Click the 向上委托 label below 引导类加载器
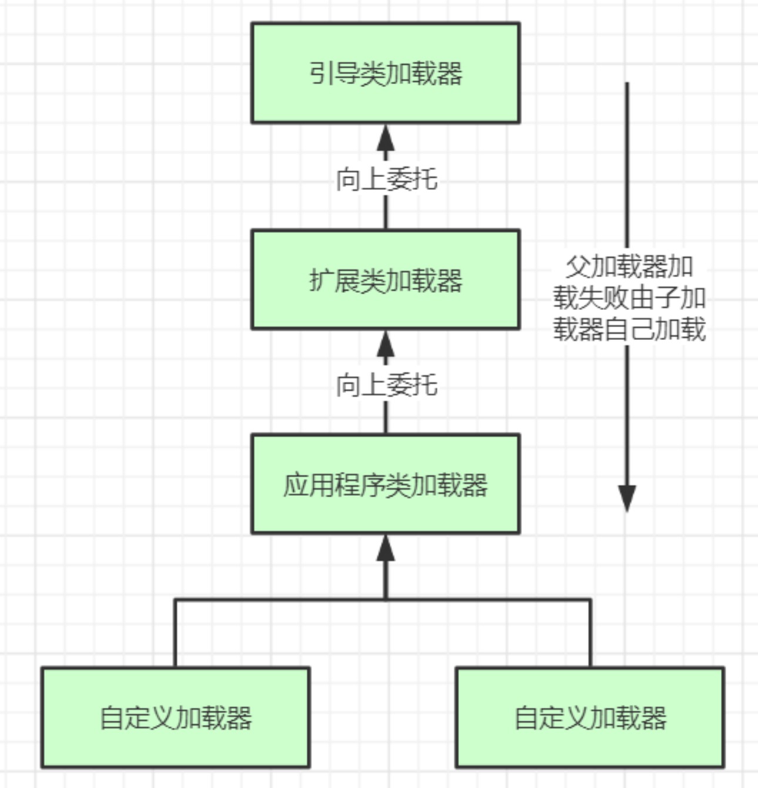(x=386, y=179)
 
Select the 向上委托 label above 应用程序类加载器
(x=386, y=385)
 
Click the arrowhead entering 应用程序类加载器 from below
(x=385, y=548)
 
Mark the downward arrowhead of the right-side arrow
(x=627, y=498)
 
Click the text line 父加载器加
(x=629, y=266)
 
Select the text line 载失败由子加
(x=629, y=298)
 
